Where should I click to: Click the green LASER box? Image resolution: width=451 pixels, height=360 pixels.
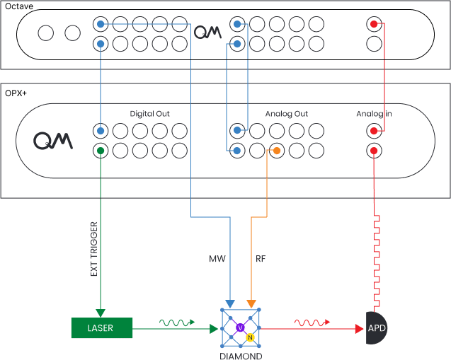pyautogui.click(x=101, y=327)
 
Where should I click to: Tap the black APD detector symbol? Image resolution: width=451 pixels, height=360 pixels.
pyautogui.click(x=376, y=328)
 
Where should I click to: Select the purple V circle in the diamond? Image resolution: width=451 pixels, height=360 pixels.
pyautogui.click(x=240, y=327)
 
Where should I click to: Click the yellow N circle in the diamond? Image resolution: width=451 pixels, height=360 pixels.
pyautogui.click(x=250, y=338)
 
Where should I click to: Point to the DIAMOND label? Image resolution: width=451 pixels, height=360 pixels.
pyautogui.click(x=240, y=356)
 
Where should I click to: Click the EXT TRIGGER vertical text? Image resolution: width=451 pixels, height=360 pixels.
pyautogui.click(x=93, y=248)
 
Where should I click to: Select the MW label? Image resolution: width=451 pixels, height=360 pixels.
pyautogui.click(x=217, y=259)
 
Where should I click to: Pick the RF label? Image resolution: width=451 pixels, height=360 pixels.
pyautogui.click(x=260, y=259)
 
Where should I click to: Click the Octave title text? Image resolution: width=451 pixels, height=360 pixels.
pyautogui.click(x=19, y=5)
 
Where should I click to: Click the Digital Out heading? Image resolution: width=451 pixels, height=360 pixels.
pyautogui.click(x=149, y=114)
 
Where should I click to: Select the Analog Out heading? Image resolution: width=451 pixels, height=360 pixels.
pyautogui.click(x=286, y=114)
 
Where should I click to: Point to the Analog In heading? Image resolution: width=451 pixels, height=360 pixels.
pyautogui.click(x=374, y=114)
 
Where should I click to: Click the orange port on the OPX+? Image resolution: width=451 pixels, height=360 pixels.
pyautogui.click(x=276, y=151)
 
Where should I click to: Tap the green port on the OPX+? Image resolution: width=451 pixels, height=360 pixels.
pyautogui.click(x=102, y=151)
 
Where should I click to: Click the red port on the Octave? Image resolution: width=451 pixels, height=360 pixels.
pyautogui.click(x=373, y=25)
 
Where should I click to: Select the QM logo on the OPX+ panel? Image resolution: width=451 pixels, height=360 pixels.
pyautogui.click(x=53, y=140)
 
